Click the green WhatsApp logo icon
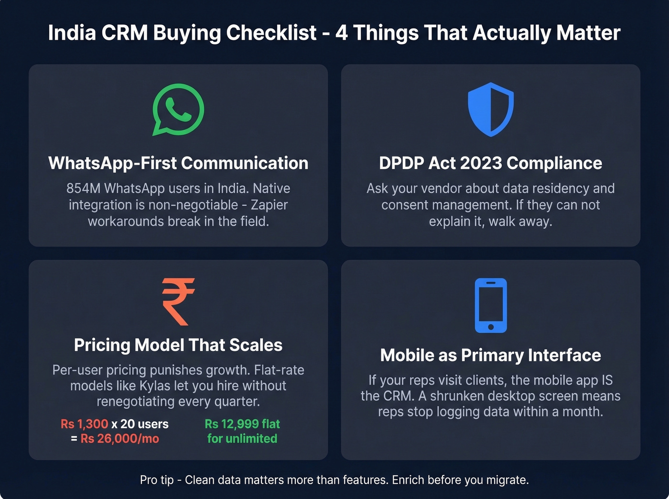178,109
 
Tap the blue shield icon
490,109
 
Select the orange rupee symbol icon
178,302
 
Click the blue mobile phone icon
490,305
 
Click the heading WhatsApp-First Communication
178,163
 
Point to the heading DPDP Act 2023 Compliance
490,163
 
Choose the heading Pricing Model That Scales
178,345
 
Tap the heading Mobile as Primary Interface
490,355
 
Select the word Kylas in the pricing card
155,386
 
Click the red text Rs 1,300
85,424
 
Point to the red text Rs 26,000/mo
119,439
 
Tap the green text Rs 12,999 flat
242,424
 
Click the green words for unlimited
242,439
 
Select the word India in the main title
72,33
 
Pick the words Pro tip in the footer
157,480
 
